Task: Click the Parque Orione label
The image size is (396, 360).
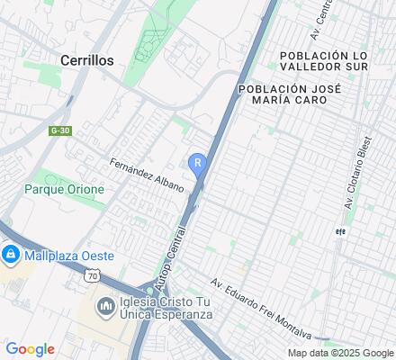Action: point(65,190)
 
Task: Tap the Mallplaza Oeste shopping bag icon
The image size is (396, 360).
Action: point(10,256)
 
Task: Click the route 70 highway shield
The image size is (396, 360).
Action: point(92,276)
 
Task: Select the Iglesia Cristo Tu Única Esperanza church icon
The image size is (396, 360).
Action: point(106,307)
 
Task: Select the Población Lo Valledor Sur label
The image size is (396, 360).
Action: point(337,60)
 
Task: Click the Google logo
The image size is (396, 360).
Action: point(30,349)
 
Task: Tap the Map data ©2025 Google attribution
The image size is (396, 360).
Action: point(340,353)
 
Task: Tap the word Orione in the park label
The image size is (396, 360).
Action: point(85,190)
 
